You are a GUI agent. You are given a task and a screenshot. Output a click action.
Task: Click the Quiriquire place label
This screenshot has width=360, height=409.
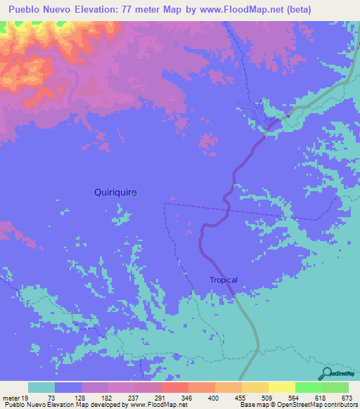pos(115,192)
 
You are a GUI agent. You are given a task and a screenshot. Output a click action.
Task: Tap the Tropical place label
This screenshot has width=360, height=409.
pos(224,280)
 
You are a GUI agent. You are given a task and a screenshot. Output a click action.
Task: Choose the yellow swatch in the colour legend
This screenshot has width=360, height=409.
pos(281,388)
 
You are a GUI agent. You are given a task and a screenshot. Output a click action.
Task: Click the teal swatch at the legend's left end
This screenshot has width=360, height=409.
pos(41,388)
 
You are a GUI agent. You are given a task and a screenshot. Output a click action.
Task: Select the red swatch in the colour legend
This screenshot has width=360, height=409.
pos(174,388)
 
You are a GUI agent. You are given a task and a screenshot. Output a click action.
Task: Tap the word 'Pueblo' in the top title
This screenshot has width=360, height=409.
pos(28,9)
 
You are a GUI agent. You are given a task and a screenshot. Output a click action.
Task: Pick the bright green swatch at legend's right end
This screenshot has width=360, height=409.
pos(335,388)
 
